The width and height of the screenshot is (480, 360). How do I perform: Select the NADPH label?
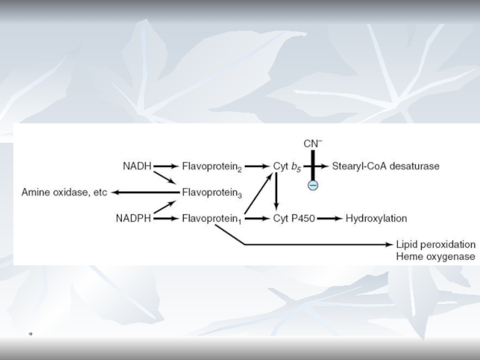[x=133, y=218]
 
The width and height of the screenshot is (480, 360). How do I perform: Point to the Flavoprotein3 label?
[x=212, y=193]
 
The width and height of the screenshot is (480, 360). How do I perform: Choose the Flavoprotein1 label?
[x=212, y=219]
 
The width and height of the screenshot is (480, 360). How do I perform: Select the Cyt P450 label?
[x=293, y=218]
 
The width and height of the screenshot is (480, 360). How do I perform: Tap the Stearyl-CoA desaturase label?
[x=386, y=166]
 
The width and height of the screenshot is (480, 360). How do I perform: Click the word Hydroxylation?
[x=376, y=218]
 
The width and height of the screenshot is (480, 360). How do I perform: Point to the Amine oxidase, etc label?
[x=64, y=193]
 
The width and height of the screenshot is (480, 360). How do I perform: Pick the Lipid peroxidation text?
[x=436, y=245]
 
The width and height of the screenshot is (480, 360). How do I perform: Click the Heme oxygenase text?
[x=436, y=257]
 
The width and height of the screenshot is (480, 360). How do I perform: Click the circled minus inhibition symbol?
[x=313, y=185]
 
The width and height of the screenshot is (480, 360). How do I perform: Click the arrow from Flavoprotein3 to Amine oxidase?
[x=144, y=193]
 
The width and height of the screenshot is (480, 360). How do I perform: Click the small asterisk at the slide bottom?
[x=29, y=333]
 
